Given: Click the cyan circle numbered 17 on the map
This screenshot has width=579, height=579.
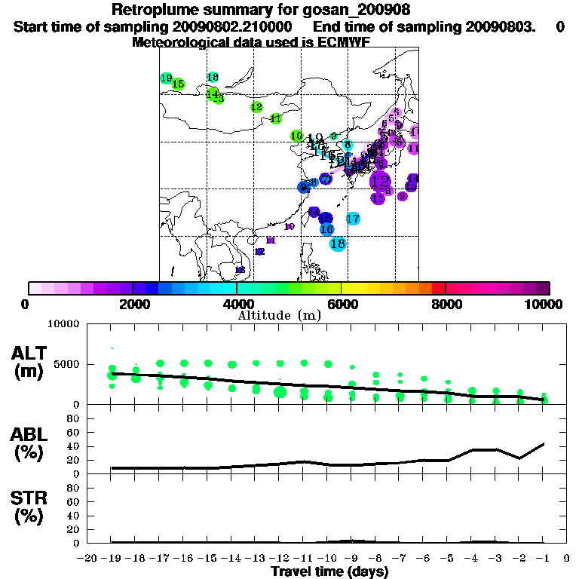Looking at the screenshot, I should point(353,219).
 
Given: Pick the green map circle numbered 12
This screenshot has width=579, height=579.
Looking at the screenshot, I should point(256,107).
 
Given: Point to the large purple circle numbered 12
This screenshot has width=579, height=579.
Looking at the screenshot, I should point(381,181).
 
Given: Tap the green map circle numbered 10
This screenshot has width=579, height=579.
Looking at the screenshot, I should point(297,136).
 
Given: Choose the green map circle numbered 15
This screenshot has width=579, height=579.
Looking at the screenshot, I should point(178,84).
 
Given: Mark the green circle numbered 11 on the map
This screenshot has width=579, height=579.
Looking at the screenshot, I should point(276,118).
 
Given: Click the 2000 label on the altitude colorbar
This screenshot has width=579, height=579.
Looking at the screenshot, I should point(133,304).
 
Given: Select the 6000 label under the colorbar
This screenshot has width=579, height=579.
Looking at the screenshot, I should point(342,304).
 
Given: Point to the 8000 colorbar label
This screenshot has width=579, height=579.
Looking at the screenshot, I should point(446,304).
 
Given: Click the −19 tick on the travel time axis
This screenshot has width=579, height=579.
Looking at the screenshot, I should point(112,559).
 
